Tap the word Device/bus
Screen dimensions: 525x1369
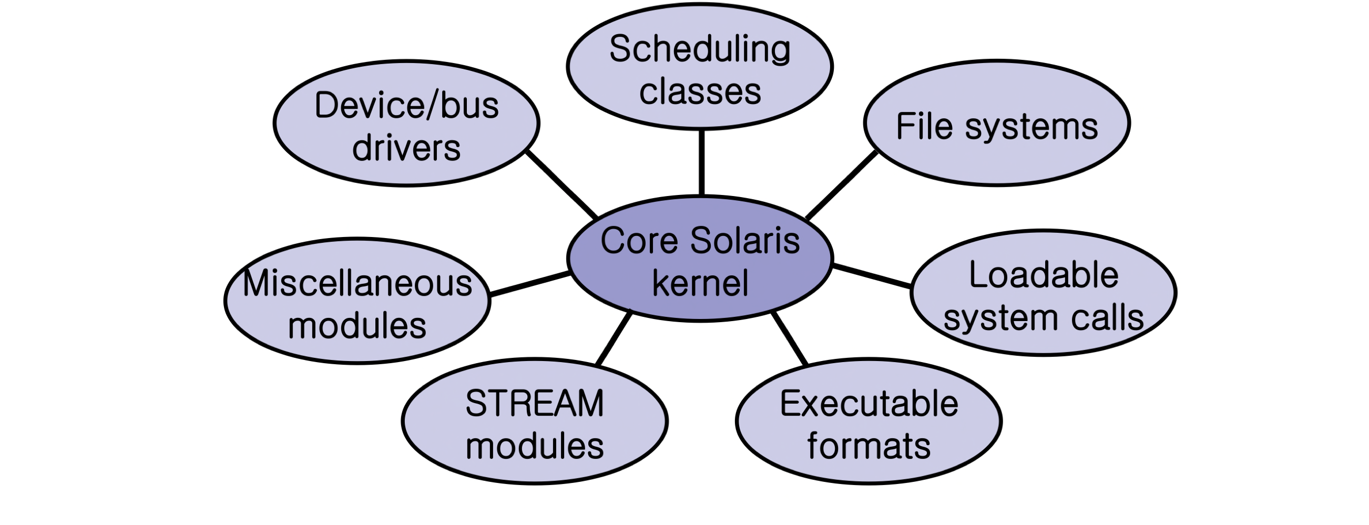click(406, 105)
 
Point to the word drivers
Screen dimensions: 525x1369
click(406, 148)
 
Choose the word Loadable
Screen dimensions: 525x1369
click(1043, 275)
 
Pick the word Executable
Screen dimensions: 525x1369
click(869, 404)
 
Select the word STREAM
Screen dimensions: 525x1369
click(535, 404)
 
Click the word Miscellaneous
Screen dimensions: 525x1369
click(357, 283)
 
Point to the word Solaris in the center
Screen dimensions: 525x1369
click(745, 241)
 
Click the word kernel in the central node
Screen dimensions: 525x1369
click(700, 283)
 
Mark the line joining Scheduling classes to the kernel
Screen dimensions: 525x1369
click(701, 162)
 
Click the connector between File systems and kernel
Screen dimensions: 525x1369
click(841, 185)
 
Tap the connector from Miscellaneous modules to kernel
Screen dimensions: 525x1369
click(529, 284)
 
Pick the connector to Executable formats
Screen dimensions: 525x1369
click(790, 338)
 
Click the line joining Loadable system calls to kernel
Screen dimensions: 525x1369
click(872, 276)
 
